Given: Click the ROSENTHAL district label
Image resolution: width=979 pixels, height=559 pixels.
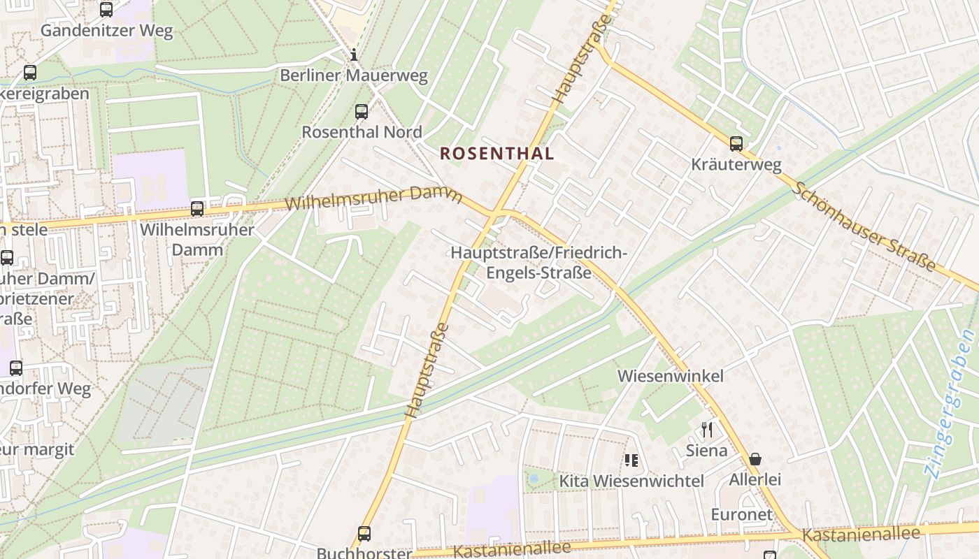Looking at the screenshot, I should (x=496, y=154).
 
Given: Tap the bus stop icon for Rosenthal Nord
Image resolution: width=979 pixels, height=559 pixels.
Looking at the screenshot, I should (x=362, y=112).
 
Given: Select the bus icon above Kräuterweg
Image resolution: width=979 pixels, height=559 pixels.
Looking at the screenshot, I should (x=736, y=144).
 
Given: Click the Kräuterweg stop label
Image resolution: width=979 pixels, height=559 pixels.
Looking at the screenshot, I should (x=736, y=165).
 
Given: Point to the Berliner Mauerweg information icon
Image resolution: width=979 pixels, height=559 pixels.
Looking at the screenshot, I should (x=354, y=55).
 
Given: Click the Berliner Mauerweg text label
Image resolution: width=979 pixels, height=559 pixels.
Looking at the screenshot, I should (x=354, y=75).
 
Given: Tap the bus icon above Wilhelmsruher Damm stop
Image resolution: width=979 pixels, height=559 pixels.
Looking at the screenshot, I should (x=197, y=209).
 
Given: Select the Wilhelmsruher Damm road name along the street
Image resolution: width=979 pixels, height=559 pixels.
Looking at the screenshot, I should (x=374, y=198).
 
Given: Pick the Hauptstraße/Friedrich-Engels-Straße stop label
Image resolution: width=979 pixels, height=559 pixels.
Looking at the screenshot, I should (x=539, y=263).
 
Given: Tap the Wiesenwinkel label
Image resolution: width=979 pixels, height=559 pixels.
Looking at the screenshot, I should (x=670, y=376).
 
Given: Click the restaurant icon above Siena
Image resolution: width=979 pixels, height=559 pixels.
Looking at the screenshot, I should (x=707, y=430).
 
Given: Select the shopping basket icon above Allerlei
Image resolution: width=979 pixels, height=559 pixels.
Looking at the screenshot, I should (x=755, y=459).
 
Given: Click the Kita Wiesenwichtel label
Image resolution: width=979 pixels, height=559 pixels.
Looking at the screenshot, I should (x=631, y=481).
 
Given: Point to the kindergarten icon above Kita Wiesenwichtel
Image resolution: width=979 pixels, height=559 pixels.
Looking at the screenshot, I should (x=631, y=460).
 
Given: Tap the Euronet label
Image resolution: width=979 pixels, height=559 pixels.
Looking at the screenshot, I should (x=741, y=515).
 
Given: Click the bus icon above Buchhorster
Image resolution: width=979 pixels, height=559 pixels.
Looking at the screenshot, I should (x=364, y=534).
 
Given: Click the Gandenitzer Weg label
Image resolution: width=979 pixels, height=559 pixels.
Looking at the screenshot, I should (x=106, y=31).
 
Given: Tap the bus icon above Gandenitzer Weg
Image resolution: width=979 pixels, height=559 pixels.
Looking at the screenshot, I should (x=106, y=10).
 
